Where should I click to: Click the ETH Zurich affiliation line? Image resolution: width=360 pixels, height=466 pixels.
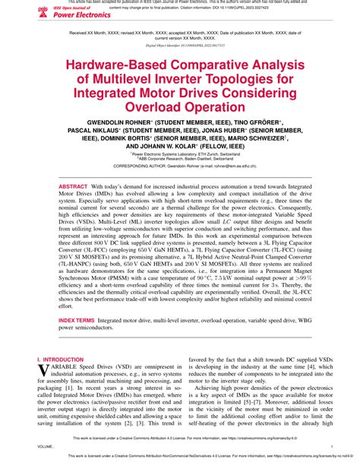(x=179, y=158)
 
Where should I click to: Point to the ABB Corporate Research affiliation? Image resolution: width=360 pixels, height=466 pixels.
(x=179, y=163)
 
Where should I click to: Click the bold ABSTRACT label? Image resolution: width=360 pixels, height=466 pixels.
(x=74, y=186)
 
